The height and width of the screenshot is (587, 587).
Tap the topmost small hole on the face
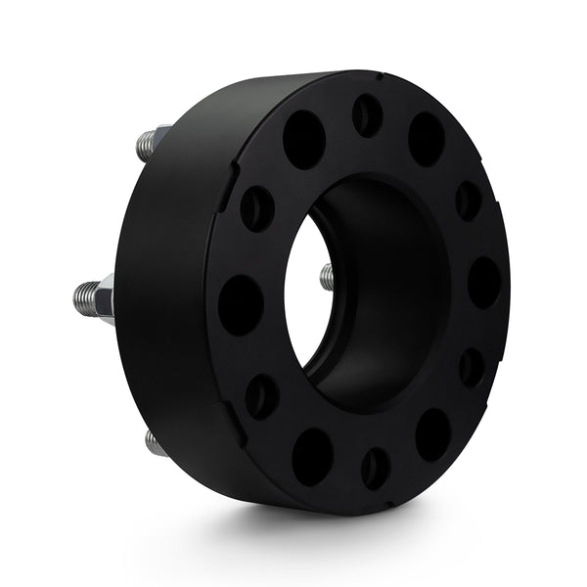click(x=368, y=115)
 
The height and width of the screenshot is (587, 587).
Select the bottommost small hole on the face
click(x=376, y=468)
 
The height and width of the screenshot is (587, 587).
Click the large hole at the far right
click(x=483, y=283)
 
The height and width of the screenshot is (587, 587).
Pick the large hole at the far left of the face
click(x=240, y=304)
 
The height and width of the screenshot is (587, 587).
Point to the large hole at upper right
click(x=427, y=139)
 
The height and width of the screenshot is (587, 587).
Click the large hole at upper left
click(x=304, y=139)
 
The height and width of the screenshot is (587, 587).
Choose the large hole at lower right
click(x=432, y=434)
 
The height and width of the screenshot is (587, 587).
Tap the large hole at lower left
click(x=312, y=456)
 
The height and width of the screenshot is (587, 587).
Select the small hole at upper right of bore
click(x=469, y=201)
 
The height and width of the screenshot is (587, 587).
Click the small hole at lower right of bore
click(x=472, y=367)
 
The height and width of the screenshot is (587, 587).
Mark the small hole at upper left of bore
click(x=257, y=207)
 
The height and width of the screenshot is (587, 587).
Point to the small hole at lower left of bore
click(x=261, y=396)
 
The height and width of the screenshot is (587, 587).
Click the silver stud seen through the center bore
click(x=327, y=277)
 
